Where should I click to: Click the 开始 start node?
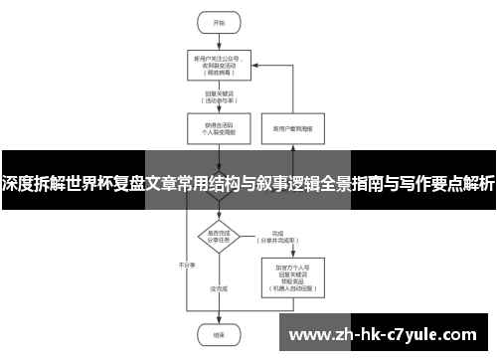(x=206, y=22)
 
